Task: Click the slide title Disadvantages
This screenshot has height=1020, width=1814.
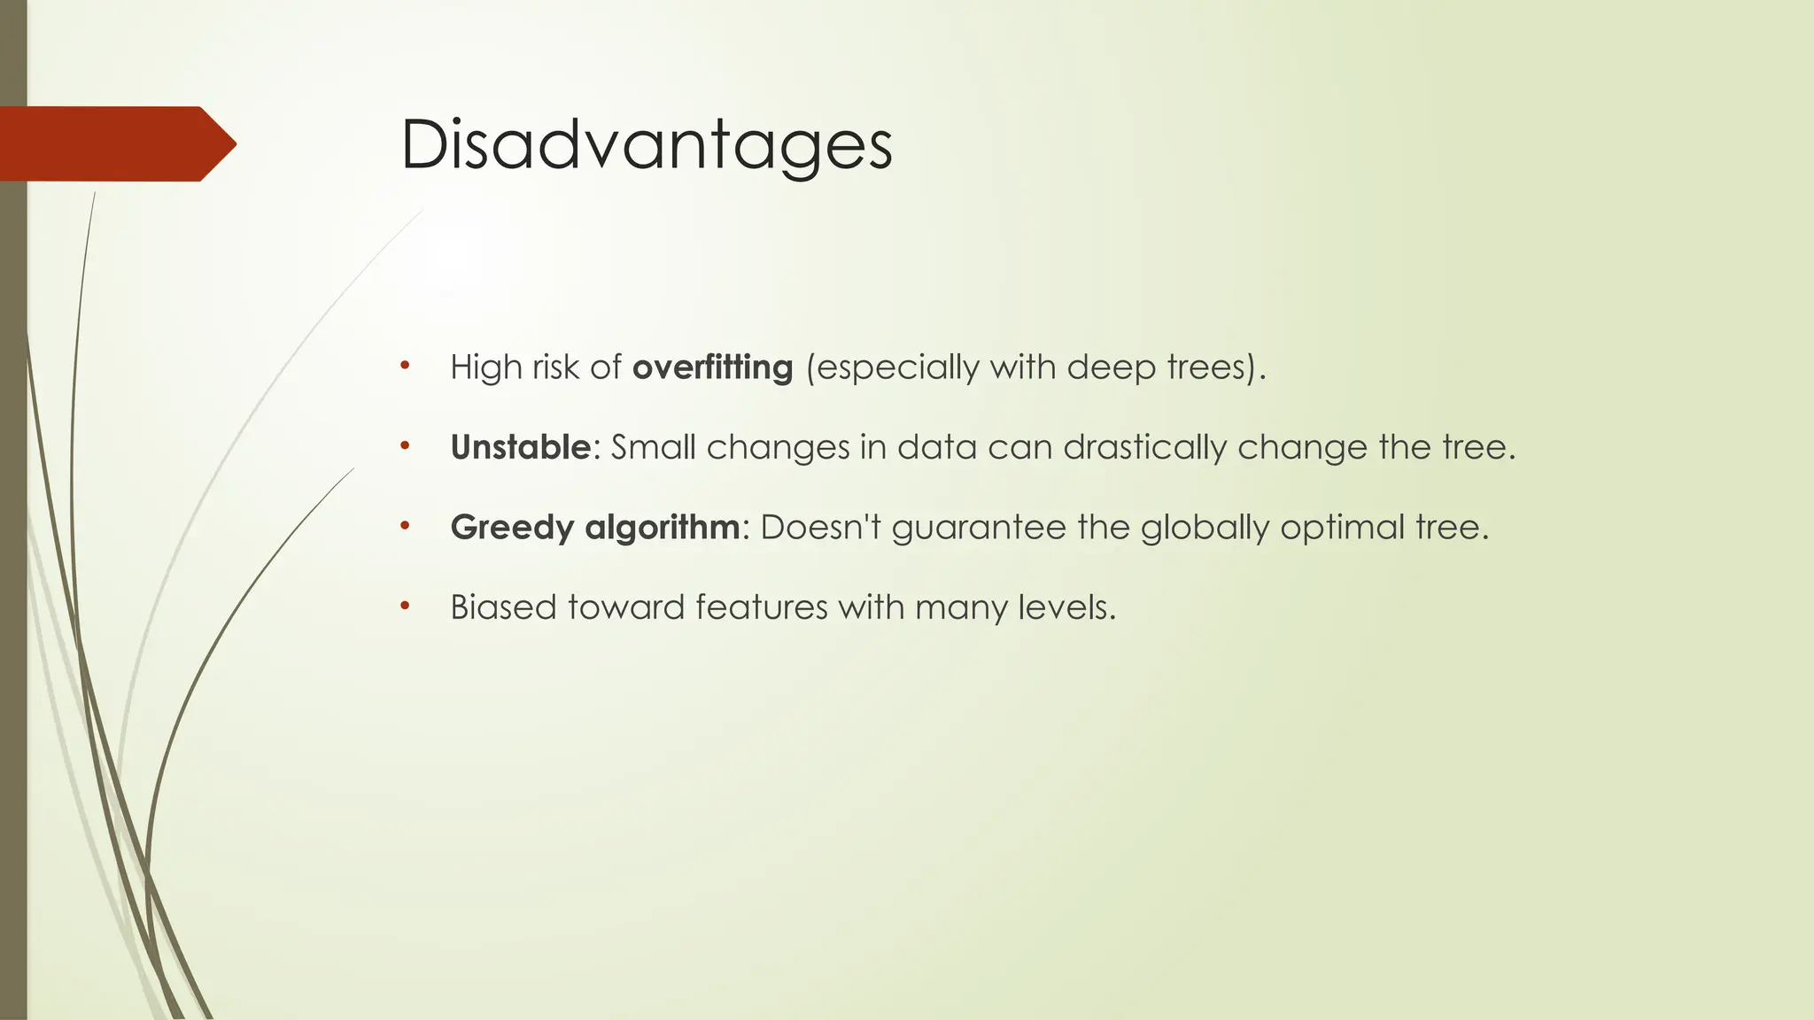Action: click(646, 146)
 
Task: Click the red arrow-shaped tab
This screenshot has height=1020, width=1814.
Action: click(115, 143)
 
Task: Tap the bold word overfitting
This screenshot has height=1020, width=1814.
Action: click(712, 367)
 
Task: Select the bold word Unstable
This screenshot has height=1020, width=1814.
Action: click(520, 447)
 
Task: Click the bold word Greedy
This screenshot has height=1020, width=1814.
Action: click(512, 528)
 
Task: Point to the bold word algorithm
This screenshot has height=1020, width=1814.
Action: click(662, 528)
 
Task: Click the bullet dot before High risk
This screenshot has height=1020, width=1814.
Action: click(405, 366)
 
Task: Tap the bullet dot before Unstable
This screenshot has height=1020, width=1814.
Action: click(405, 445)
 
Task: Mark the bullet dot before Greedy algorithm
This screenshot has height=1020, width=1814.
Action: click(405, 526)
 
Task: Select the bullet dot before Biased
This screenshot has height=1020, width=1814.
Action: click(405, 606)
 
